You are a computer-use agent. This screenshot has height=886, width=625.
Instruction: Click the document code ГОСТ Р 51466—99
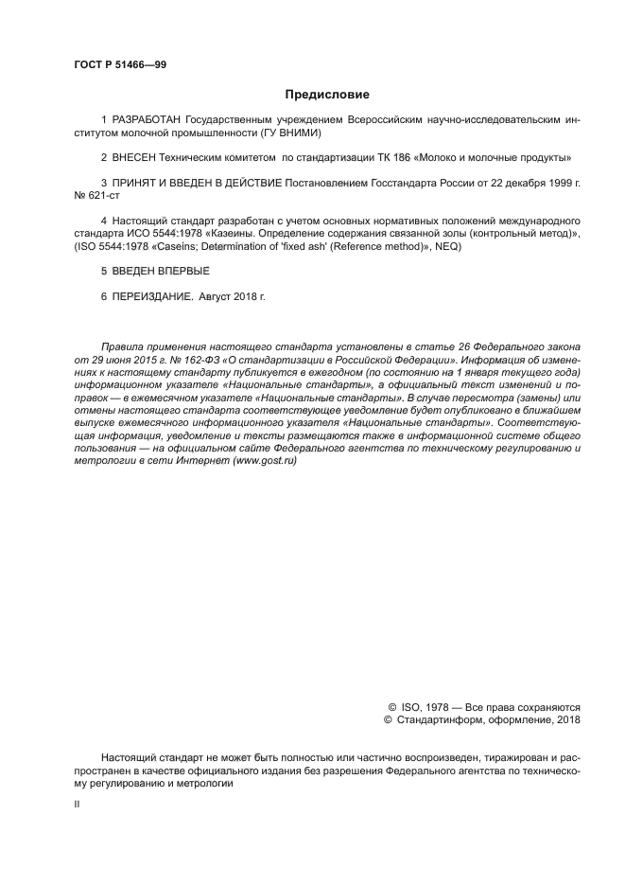pyautogui.click(x=119, y=64)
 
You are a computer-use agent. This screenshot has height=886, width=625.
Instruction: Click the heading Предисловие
pyautogui.click(x=327, y=95)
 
